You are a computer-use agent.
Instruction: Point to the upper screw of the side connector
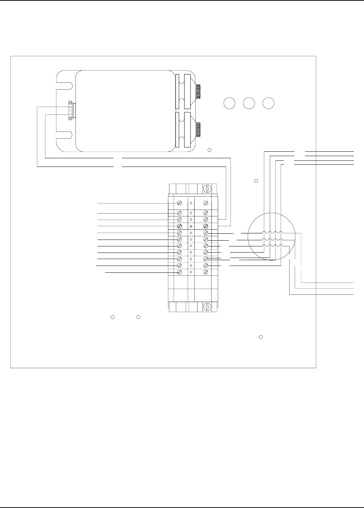pyautogui.click(x=70, y=104)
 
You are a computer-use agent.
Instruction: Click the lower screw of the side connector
pyautogui.click(x=70, y=116)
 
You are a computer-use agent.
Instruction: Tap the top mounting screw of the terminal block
pyautogui.click(x=207, y=189)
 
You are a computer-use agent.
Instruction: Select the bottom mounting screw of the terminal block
pyautogui.click(x=207, y=307)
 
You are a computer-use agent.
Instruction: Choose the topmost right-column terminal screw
pyautogui.click(x=205, y=203)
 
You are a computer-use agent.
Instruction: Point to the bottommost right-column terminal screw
pyautogui.click(x=205, y=266)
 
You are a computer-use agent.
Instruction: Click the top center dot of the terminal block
pyautogui.click(x=191, y=203)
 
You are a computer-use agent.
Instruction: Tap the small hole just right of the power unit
pyautogui.click(x=209, y=150)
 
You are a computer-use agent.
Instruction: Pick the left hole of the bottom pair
pyautogui.click(x=112, y=317)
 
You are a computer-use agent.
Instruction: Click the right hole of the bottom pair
pyautogui.click(x=138, y=317)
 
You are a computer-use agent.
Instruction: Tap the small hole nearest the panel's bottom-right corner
pyautogui.click(x=260, y=337)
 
